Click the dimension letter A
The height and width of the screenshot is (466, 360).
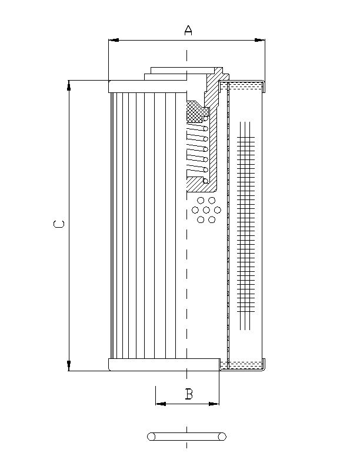[188, 30]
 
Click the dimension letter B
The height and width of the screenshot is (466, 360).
[188, 394]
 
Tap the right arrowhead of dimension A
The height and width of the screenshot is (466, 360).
[260, 40]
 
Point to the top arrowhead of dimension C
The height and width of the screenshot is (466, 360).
[69, 85]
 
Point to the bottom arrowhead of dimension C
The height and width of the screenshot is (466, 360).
[69, 366]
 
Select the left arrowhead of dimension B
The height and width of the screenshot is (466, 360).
[159, 404]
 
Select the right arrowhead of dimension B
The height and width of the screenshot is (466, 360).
[215, 404]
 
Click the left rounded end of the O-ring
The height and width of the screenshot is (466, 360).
[151, 437]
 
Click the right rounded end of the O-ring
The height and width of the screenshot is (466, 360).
[222, 437]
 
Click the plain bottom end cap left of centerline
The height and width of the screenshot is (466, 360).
[147, 365]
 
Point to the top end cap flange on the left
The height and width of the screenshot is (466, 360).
[147, 86]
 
